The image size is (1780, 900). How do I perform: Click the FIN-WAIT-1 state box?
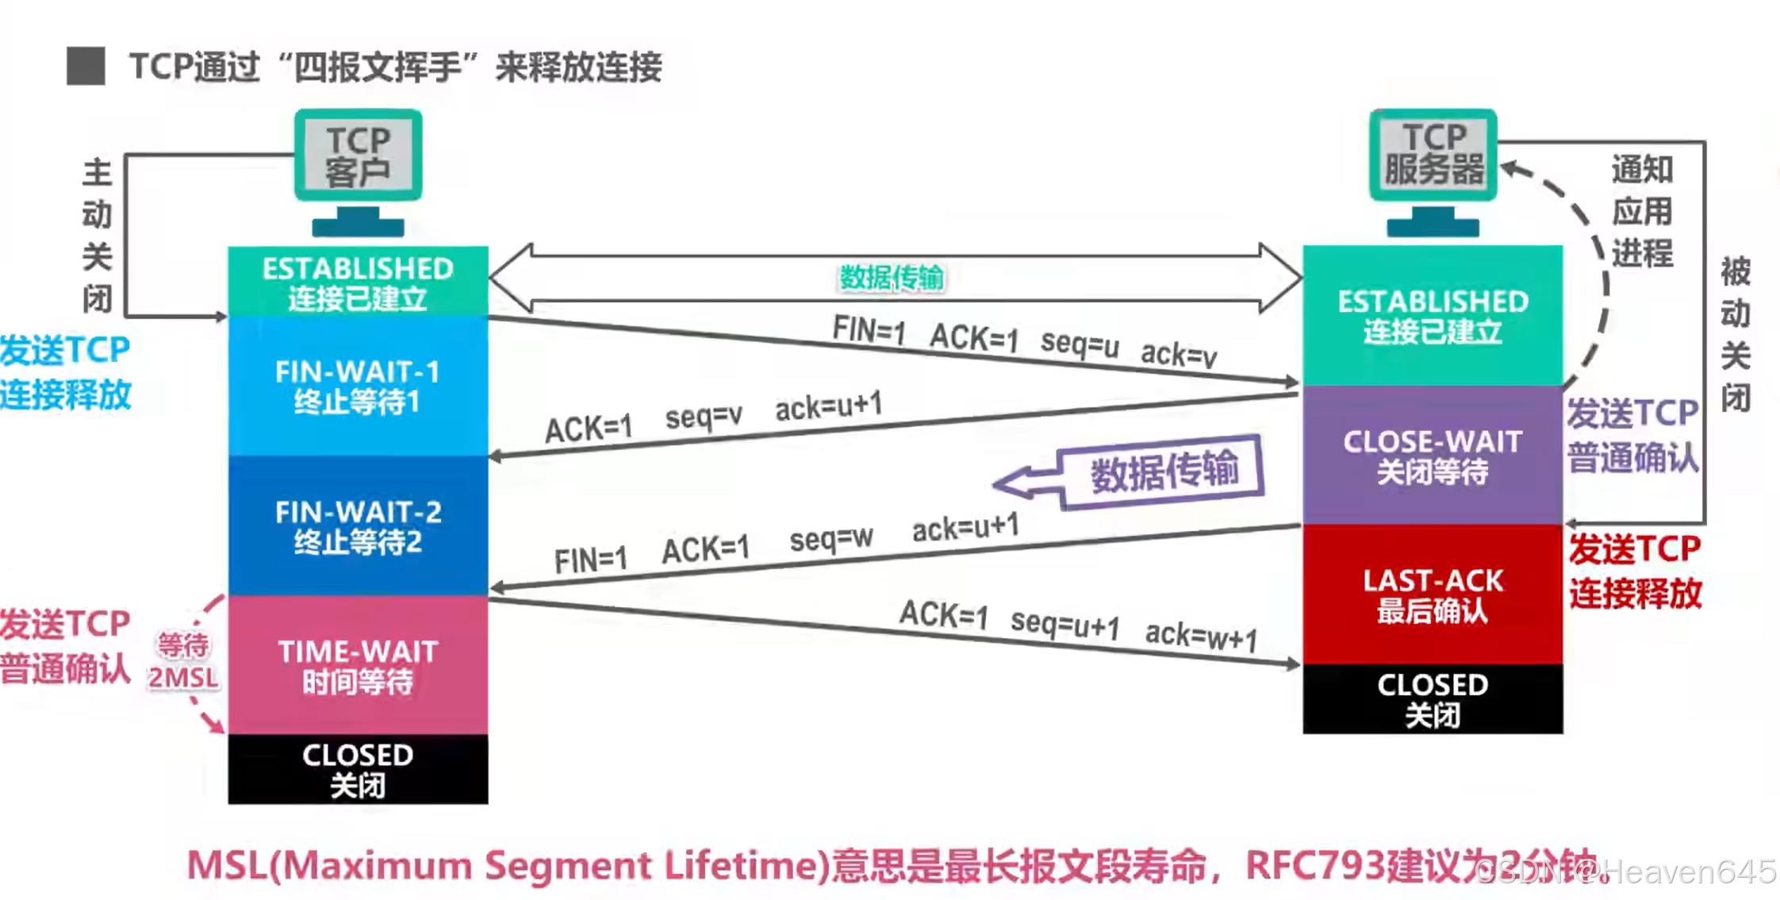point(358,386)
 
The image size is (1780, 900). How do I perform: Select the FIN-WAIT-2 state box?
point(358,525)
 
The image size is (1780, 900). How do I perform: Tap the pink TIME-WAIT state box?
point(358,665)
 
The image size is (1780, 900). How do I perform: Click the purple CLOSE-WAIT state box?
point(1433,456)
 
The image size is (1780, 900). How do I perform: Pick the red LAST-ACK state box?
point(1433,594)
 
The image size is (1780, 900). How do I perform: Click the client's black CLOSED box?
point(358,769)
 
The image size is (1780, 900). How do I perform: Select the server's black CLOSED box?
point(1433,698)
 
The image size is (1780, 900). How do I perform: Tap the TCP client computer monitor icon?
point(358,156)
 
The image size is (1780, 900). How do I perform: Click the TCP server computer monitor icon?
point(1433,155)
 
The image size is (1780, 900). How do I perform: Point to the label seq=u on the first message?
point(1080,344)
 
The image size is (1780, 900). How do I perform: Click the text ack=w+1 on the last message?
point(1201,636)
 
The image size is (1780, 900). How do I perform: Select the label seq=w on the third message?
point(831,539)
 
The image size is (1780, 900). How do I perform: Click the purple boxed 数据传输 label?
point(1164,471)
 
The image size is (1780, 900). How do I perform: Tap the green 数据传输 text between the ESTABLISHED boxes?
point(892,278)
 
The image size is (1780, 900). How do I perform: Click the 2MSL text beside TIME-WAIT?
point(183,678)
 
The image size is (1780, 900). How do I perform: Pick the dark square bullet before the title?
point(86,66)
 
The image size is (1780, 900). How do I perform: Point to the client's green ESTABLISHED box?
point(358,282)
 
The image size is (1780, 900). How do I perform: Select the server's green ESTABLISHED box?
point(1433,315)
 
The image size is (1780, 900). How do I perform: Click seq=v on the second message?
point(704,416)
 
